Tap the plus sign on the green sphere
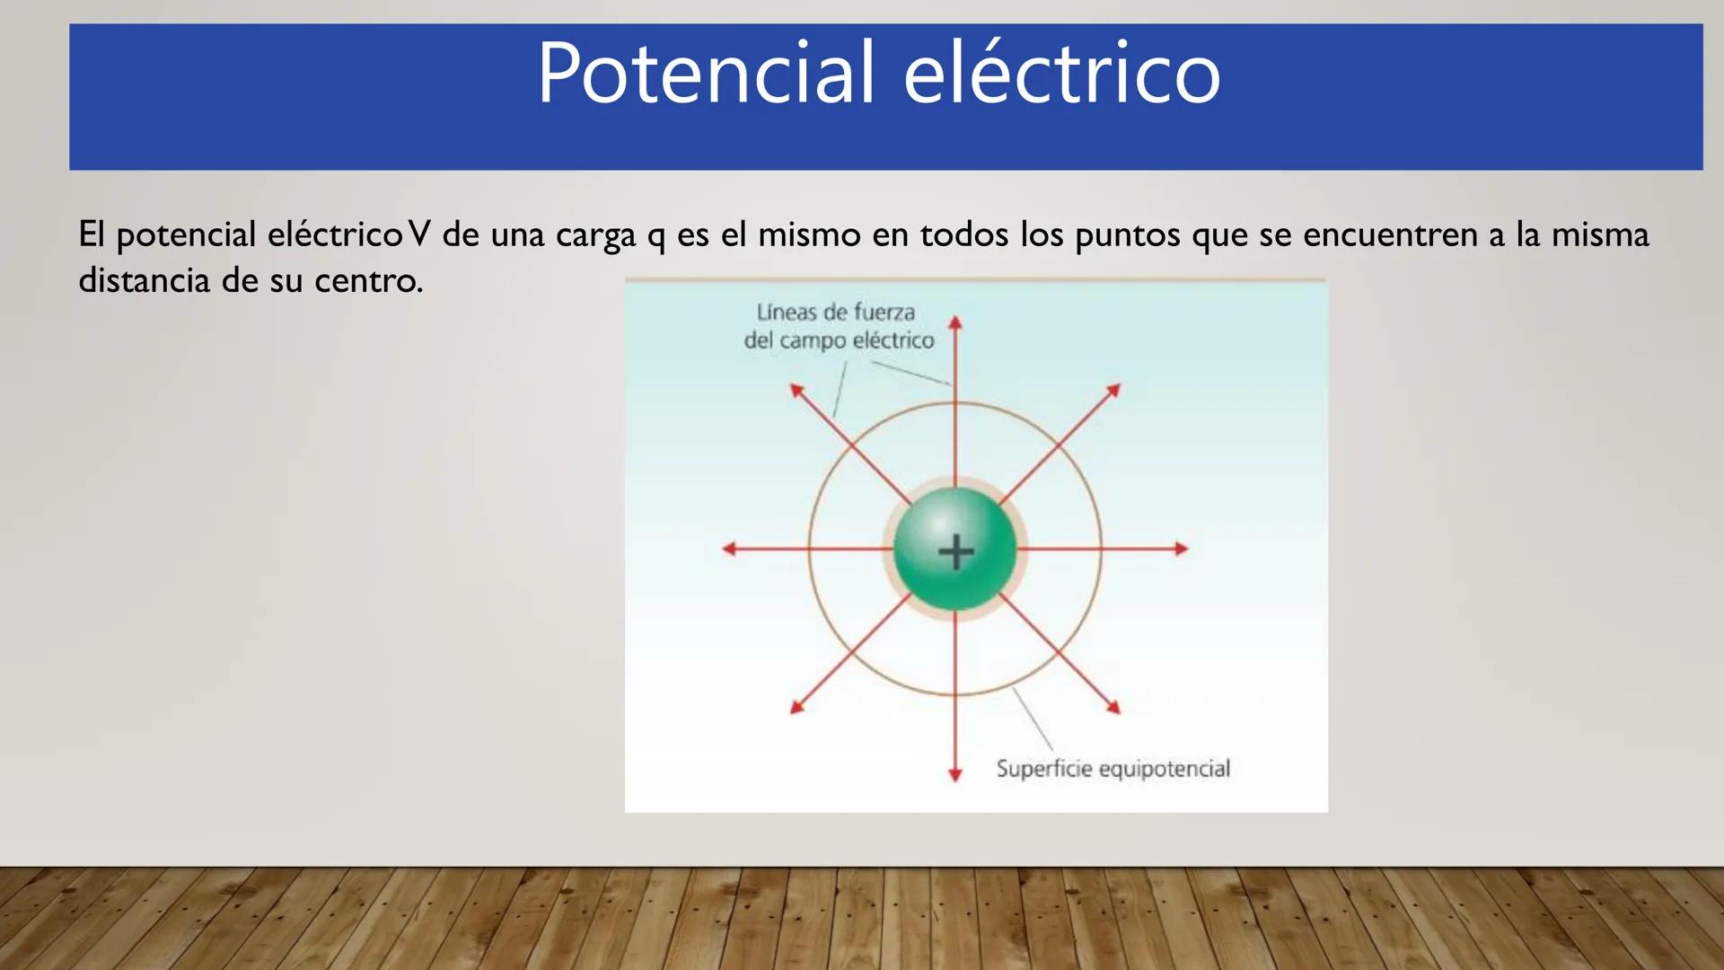[955, 551]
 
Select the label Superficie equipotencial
[1113, 769]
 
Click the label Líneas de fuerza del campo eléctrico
[838, 327]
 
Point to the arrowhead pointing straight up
[955, 322]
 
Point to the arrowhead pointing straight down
[955, 774]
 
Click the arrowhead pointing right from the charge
[1182, 549]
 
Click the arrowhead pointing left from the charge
[729, 549]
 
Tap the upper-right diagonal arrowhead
[1114, 390]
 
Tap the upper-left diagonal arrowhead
[796, 390]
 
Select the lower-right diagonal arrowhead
[1114, 708]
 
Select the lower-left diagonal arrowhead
[796, 708]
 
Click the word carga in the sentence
[595, 236]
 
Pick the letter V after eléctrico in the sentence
[419, 234]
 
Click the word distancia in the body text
[144, 280]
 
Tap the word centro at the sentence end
[368, 282]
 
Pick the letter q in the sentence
[656, 238]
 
